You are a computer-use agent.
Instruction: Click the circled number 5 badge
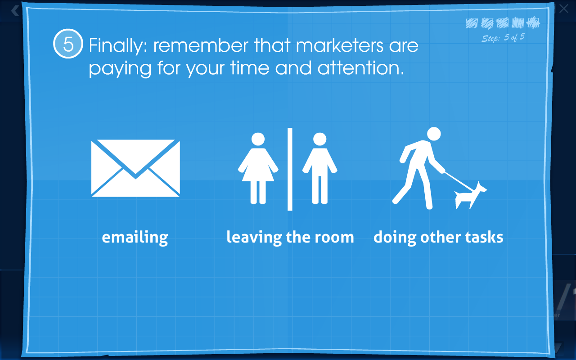click(68, 44)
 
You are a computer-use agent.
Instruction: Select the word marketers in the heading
click(339, 45)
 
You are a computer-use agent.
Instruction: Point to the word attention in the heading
click(361, 68)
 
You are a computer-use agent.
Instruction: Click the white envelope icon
click(135, 168)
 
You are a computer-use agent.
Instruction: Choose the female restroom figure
click(258, 168)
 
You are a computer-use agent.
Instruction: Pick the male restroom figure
click(319, 168)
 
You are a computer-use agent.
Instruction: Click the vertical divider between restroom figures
click(290, 169)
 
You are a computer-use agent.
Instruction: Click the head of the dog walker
click(434, 134)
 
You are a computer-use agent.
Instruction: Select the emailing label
click(135, 237)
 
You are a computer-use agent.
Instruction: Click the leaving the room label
click(290, 237)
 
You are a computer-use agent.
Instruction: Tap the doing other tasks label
click(438, 237)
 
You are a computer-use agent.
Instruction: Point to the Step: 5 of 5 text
click(503, 38)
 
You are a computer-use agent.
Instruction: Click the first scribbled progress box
click(472, 23)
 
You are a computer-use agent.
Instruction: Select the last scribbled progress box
click(533, 22)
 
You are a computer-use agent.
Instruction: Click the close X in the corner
click(564, 9)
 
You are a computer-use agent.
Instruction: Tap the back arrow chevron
click(15, 11)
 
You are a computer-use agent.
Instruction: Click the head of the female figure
click(258, 139)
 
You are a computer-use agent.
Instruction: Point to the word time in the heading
click(250, 68)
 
